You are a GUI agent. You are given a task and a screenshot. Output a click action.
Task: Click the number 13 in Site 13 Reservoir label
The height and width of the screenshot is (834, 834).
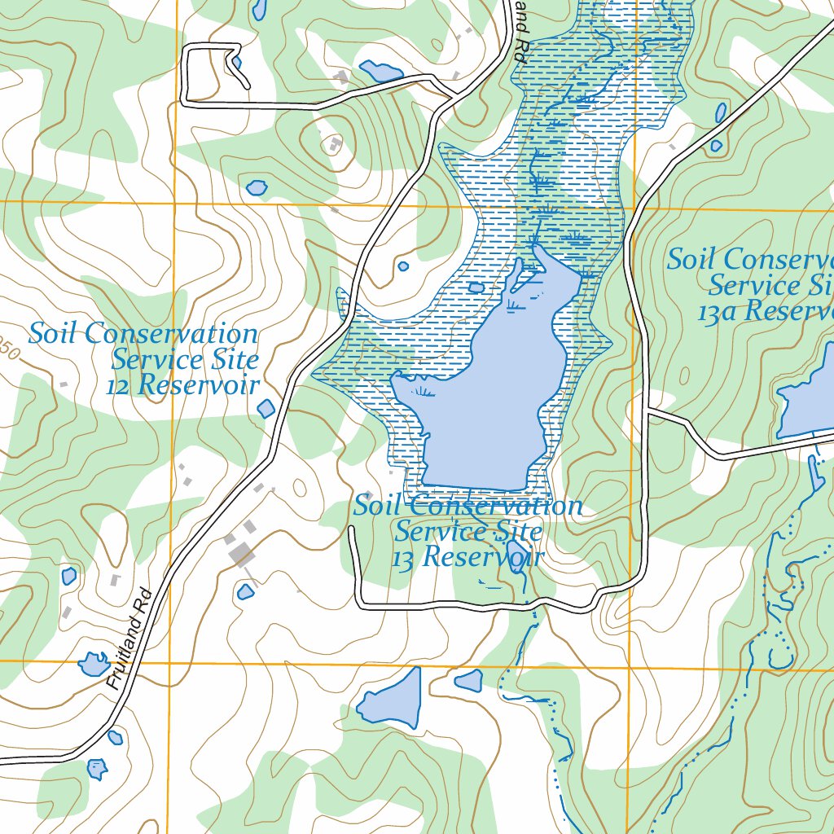(404, 560)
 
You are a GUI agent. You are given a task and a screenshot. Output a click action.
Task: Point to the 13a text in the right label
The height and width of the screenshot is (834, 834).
(717, 311)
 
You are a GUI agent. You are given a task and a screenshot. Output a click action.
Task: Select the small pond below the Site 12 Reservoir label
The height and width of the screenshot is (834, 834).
(266, 409)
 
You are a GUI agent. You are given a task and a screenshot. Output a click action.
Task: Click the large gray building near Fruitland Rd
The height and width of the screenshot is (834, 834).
(241, 555)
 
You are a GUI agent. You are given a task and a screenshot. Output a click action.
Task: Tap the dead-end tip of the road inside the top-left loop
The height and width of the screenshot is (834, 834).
(247, 86)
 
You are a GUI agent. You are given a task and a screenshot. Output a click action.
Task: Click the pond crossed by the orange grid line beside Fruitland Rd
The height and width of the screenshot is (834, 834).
(94, 665)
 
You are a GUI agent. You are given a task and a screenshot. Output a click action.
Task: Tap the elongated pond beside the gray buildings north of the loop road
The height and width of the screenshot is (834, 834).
(380, 71)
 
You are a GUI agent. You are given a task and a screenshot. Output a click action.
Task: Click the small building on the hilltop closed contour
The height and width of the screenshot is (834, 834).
(335, 145)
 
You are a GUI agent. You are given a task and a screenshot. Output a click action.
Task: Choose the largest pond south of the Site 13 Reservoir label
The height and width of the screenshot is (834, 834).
(392, 699)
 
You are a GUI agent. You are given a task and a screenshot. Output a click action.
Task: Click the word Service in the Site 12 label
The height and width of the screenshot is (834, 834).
(186, 359)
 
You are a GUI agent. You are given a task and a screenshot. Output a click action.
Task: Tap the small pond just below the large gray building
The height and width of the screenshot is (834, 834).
(246, 592)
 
